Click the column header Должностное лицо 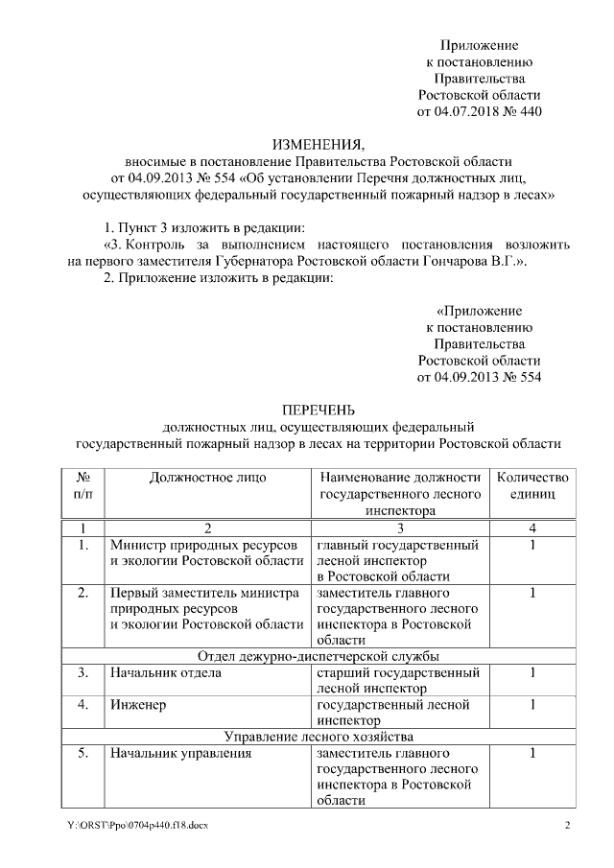206,477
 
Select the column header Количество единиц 531,485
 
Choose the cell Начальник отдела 165,672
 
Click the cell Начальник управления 180,754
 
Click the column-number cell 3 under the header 400,528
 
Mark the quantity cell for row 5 531,754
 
